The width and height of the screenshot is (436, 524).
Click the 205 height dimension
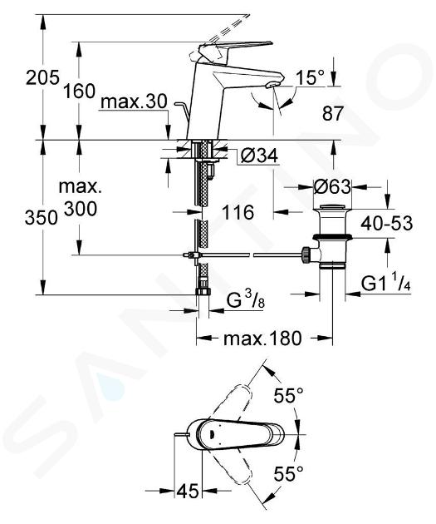42,77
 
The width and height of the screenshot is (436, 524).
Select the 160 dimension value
80,91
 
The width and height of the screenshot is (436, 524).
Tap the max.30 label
134,101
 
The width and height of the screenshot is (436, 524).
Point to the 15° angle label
311,77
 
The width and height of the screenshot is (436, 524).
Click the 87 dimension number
332,114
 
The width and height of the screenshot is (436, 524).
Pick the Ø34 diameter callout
259,156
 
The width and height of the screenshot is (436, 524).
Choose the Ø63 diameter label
332,186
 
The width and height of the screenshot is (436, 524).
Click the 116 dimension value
238,213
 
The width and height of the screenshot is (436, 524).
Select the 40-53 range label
387,223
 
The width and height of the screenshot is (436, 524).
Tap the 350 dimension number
42,218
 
